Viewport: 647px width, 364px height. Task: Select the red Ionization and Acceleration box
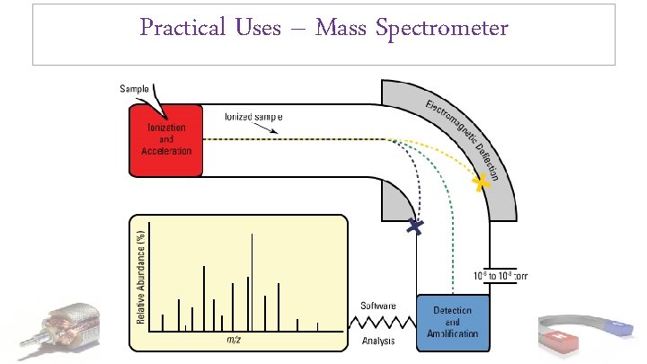tap(166, 139)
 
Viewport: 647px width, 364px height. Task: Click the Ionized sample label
tap(253, 117)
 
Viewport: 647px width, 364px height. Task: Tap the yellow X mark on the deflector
tap(483, 182)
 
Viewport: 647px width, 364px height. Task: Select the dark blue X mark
tap(414, 227)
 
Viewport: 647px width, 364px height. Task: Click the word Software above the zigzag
tap(379, 306)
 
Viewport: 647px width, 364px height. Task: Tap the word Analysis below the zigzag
tap(379, 341)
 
